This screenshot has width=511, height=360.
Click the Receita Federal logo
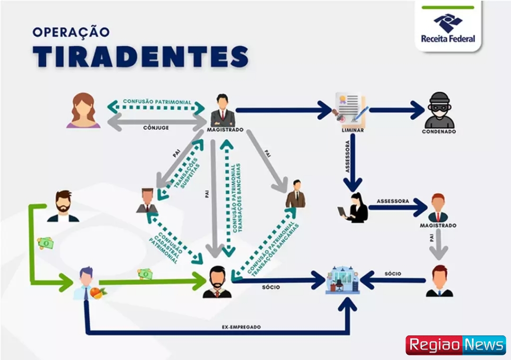[x=448, y=28]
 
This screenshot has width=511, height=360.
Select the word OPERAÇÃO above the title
[x=71, y=32]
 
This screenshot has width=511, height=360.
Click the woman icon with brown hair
[x=83, y=111]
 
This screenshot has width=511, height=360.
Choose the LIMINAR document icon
[x=351, y=109]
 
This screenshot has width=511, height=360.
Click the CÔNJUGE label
[x=157, y=127]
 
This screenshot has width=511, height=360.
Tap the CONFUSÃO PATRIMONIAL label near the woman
[x=157, y=102]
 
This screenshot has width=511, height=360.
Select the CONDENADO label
[x=439, y=132]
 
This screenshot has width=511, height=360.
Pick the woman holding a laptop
[x=354, y=208]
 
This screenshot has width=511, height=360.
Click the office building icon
[x=343, y=280]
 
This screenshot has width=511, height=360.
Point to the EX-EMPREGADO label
[x=241, y=327]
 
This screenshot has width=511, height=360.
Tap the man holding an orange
[x=89, y=284]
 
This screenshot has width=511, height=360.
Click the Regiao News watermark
[x=455, y=345]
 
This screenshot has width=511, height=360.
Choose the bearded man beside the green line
[x=63, y=206]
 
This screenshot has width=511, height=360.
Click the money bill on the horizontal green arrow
[x=145, y=273]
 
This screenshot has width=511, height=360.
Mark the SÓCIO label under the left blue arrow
[x=271, y=287]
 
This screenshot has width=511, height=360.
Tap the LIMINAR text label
[x=352, y=130]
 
